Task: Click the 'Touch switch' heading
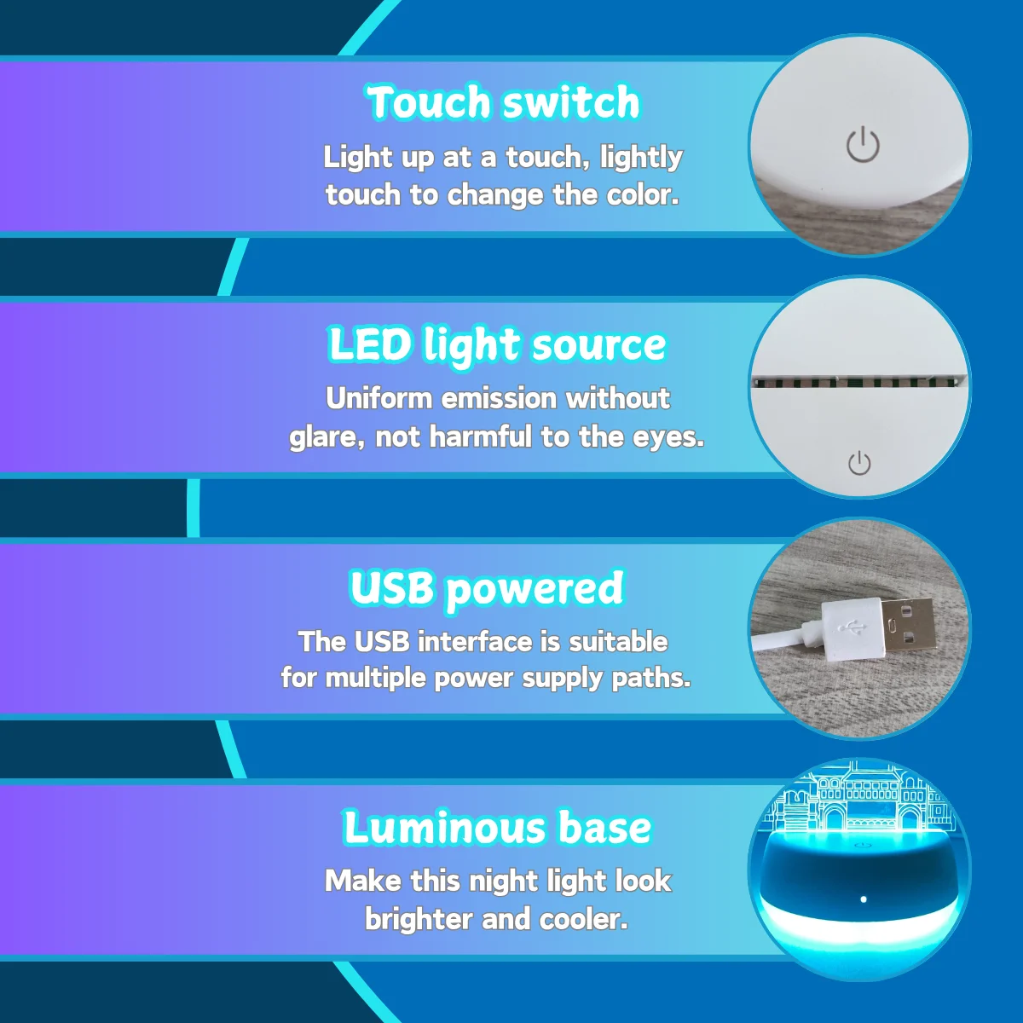pos(503,103)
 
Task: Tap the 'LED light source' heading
pos(497,345)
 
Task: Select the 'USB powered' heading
pos(487,588)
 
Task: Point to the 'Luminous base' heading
pos(498,829)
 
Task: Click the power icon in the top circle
pos(862,145)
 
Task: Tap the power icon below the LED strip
pos(859,463)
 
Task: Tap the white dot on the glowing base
pos(864,899)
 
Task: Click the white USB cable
pos(780,639)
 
